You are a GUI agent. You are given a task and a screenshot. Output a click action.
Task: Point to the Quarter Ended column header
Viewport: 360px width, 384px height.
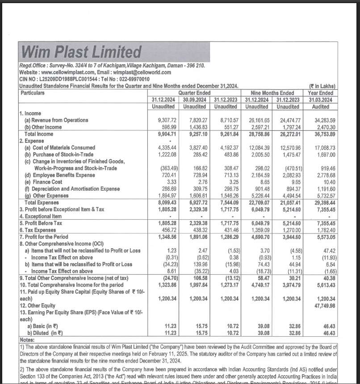(195, 93)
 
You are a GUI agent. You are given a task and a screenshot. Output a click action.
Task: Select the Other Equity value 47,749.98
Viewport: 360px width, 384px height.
(324, 305)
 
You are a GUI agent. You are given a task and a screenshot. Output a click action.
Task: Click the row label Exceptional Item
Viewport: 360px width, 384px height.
(41, 216)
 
